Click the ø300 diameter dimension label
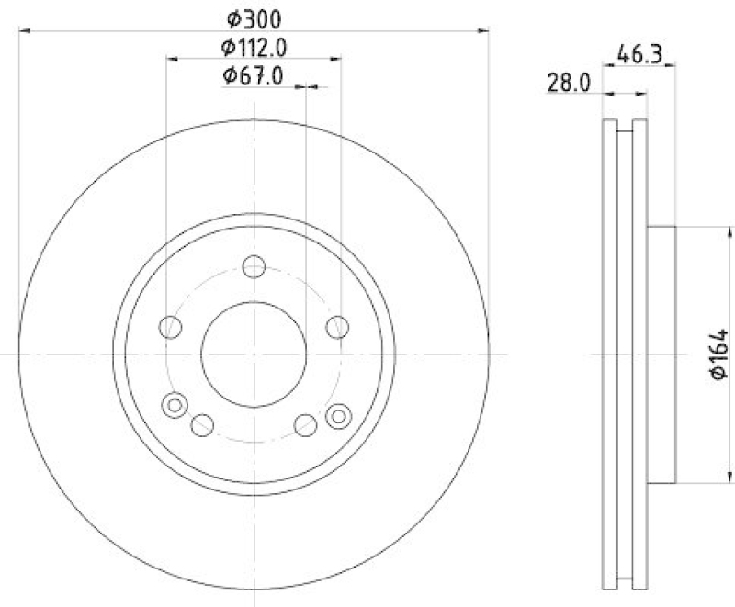(x=253, y=17)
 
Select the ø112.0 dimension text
(x=253, y=47)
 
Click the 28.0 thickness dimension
(x=570, y=83)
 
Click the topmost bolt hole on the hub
(x=254, y=267)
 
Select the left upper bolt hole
(x=171, y=326)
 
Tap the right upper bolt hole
(x=337, y=326)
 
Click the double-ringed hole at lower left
(x=174, y=404)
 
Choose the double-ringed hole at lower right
(x=338, y=415)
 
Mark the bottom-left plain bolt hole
(x=202, y=424)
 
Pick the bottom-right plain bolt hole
(x=306, y=424)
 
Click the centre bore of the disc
(x=254, y=354)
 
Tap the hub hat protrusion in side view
(x=661, y=354)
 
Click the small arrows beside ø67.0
(x=311, y=87)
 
